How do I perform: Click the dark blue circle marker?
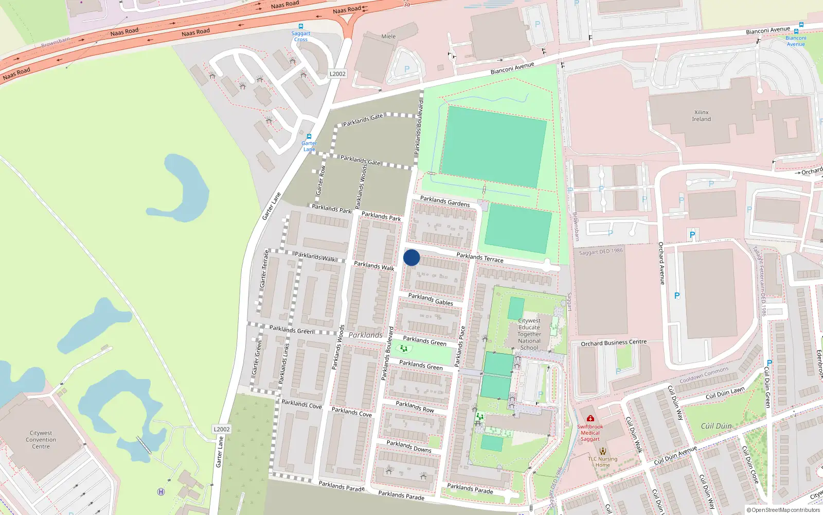coord(411,257)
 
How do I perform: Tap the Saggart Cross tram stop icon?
coord(301,26)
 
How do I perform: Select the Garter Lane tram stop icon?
coord(309,136)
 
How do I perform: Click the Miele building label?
coord(388,37)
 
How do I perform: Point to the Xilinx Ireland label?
coord(701,116)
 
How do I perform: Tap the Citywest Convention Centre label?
coord(41,440)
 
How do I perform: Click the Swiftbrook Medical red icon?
coord(590,418)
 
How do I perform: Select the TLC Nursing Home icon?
coord(603,451)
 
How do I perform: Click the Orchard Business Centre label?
coord(614,343)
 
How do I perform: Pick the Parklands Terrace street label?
coord(480,257)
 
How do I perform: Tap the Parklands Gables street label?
coord(431,299)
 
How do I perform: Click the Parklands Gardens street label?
coord(445,201)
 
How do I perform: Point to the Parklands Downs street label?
coord(409,447)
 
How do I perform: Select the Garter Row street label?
coord(320,180)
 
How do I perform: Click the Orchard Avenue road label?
coord(661,263)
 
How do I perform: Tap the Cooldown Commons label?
coord(704,375)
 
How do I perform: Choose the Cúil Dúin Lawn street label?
coord(725,393)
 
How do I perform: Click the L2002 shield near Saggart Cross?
coord(337,74)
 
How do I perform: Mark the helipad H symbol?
coord(161,492)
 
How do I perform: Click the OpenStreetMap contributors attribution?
coord(783,510)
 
